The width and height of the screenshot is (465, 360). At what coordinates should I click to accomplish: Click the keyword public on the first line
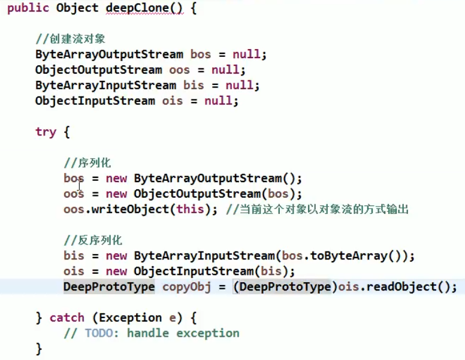click(28, 9)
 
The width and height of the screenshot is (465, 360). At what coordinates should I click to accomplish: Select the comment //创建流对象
click(70, 39)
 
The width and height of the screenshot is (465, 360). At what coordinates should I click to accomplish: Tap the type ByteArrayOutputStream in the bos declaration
click(109, 55)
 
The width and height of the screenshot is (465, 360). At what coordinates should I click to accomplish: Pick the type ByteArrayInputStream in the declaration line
click(105, 86)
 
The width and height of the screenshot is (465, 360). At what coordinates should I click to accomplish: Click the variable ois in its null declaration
click(173, 101)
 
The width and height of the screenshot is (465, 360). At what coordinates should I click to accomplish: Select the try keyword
click(46, 132)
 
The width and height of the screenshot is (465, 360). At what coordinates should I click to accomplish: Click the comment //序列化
click(87, 163)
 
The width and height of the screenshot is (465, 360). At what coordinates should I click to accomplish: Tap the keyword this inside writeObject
click(190, 210)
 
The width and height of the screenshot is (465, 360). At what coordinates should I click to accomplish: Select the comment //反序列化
click(93, 241)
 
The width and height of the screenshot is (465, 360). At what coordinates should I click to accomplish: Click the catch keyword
click(67, 317)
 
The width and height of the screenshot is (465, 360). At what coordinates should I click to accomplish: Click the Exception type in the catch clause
click(131, 317)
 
